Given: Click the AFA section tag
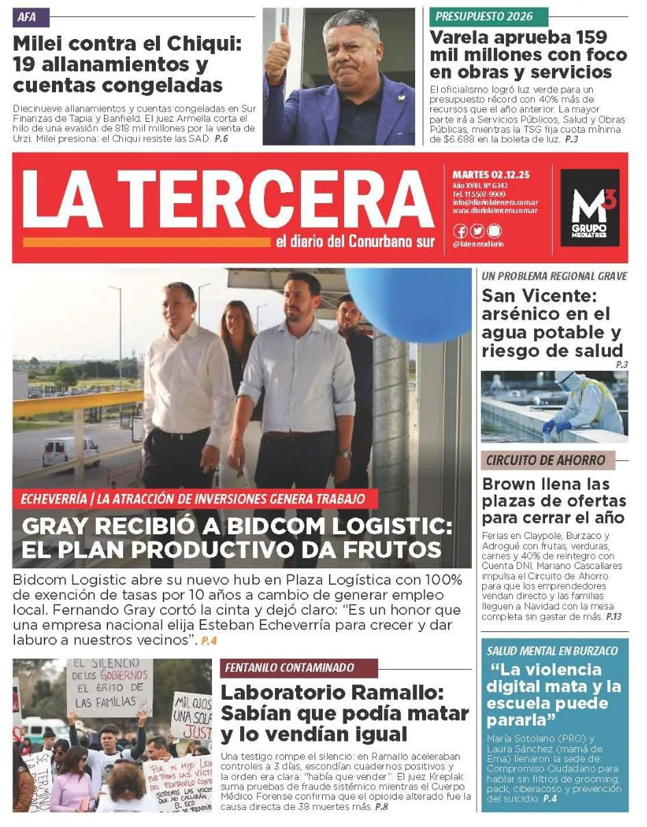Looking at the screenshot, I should (x=25, y=17).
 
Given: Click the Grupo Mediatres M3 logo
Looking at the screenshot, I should (x=589, y=208).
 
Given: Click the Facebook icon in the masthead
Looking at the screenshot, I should (x=460, y=231).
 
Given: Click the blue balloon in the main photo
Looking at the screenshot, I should (x=408, y=302).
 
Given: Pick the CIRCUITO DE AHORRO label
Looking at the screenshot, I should (x=546, y=460).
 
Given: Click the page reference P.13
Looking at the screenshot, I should (x=613, y=616).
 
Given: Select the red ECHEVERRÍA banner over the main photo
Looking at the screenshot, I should (x=193, y=499).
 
